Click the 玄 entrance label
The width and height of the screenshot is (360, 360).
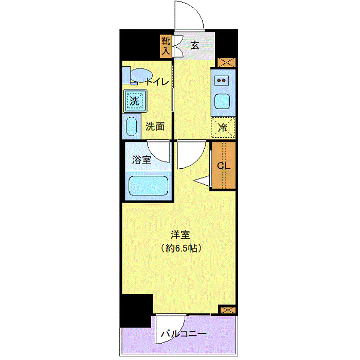tap(195, 45)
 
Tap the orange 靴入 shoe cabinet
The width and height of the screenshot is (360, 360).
tap(166, 46)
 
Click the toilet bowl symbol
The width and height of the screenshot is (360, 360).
tap(137, 76)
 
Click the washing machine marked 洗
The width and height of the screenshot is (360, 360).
tap(135, 100)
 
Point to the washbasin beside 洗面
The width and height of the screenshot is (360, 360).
tap(131, 127)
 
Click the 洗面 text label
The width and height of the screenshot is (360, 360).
tap(154, 127)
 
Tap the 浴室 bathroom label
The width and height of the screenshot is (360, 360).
tap(141, 160)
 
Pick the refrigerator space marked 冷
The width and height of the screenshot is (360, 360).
tap(223, 128)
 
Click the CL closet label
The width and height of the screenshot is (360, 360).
tap(223, 166)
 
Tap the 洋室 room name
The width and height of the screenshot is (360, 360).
tap(180, 235)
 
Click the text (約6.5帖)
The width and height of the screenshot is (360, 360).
tap(180, 248)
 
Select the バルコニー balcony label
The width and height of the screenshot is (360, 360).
tap(184, 334)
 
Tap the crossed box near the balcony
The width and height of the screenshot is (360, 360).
tap(226, 310)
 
